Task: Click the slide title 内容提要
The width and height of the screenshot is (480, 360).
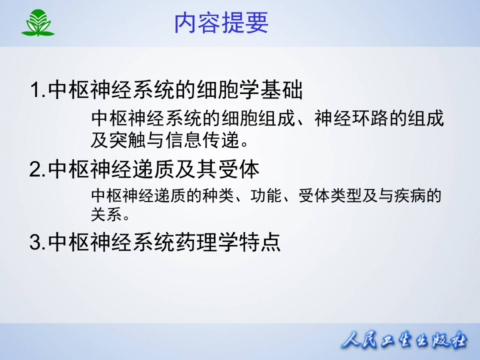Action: [221, 23]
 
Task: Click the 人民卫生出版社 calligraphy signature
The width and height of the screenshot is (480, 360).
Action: [404, 341]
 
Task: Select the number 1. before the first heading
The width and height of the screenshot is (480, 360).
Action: [38, 91]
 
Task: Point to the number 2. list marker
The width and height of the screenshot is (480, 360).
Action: [38, 170]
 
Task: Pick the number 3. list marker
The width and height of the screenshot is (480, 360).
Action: [38, 243]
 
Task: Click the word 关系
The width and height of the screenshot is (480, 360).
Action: [106, 215]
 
